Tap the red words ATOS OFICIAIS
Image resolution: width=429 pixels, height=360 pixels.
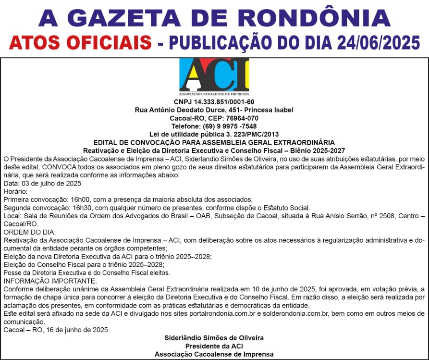click(80, 43)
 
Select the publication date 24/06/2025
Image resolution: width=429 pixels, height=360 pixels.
click(367, 43)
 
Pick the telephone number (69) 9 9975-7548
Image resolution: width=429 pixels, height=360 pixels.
click(233, 126)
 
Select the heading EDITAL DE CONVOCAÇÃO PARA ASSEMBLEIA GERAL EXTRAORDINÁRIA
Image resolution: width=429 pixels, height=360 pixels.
click(214, 143)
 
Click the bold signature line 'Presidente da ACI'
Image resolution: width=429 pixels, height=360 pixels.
click(214, 346)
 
